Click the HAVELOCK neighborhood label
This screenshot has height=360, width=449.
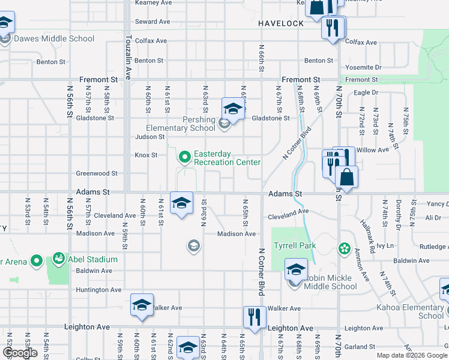tap(282, 23)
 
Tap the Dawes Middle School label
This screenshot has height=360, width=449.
tap(54, 38)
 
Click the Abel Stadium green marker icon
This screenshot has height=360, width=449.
tap(59, 259)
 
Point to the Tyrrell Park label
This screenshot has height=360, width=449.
tap(295, 246)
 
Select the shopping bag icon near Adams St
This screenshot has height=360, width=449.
tap(348, 177)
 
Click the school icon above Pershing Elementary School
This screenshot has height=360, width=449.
tap(232, 109)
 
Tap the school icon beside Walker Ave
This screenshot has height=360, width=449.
tap(142, 304)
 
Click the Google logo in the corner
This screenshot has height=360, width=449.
tap(20, 353)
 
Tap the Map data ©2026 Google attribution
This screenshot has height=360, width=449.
tap(412, 355)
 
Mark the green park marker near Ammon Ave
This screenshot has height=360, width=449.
tap(344, 248)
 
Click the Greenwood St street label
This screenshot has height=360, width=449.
tap(97, 173)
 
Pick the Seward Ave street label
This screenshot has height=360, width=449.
tap(152, 22)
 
